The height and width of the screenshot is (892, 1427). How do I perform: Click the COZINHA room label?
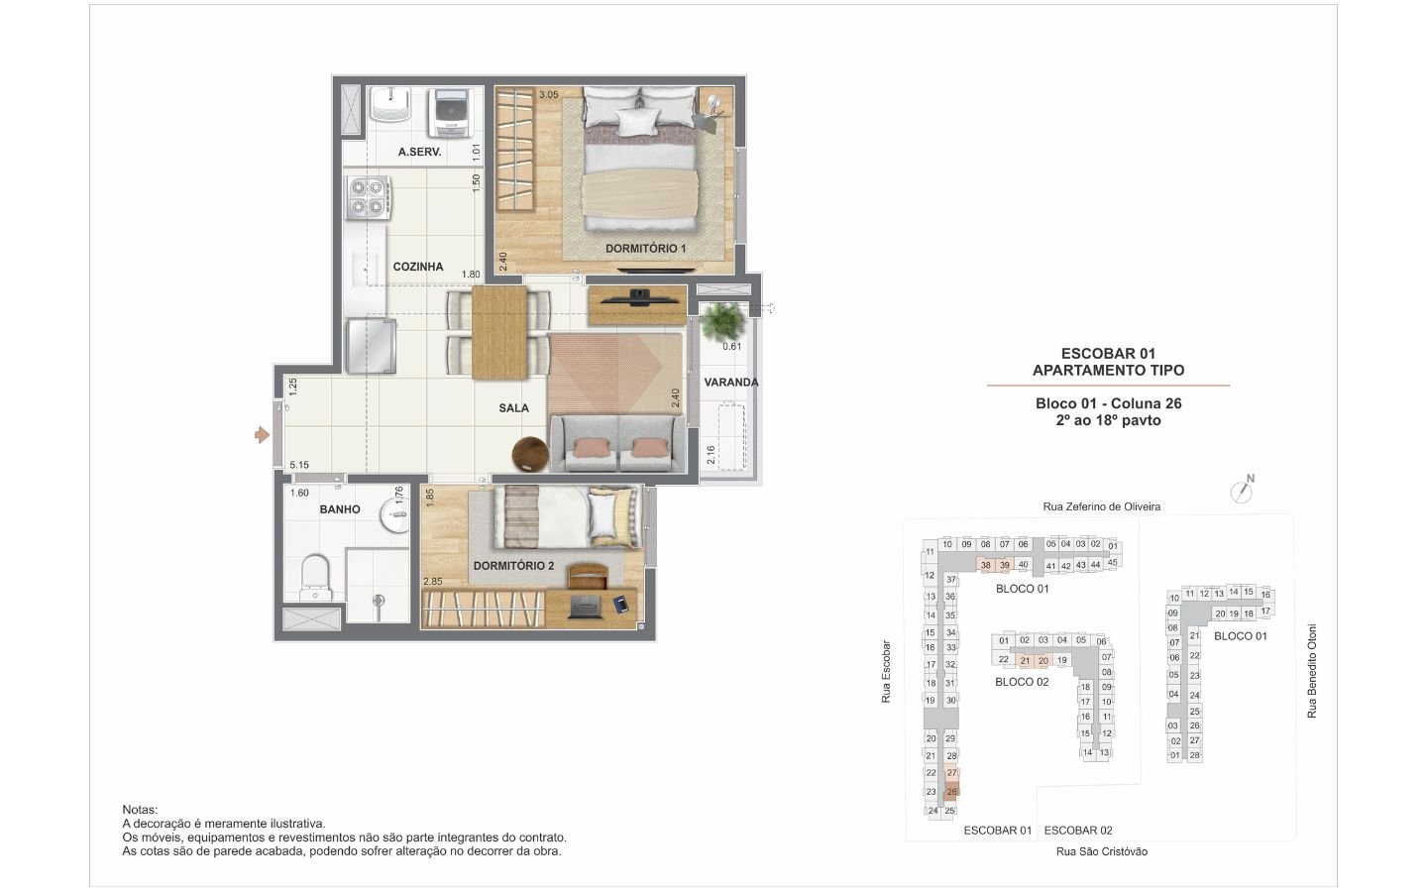tap(418, 267)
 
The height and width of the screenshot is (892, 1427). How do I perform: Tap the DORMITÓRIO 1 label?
tap(645, 249)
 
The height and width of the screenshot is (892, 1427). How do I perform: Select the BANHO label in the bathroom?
tap(340, 509)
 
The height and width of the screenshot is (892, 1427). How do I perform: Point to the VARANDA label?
tap(730, 383)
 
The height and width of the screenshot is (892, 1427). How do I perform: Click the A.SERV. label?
tap(419, 152)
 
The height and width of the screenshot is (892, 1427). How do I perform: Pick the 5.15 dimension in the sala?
tap(299, 465)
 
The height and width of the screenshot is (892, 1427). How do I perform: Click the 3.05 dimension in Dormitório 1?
tap(549, 95)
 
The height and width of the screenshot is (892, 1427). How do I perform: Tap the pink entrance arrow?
tap(262, 435)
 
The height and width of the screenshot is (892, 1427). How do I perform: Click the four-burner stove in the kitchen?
tap(369, 197)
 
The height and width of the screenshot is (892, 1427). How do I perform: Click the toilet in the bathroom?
tap(315, 578)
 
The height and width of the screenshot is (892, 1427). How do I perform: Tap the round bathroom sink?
tap(395, 514)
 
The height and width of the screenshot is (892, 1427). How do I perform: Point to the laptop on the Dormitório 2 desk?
tap(585, 607)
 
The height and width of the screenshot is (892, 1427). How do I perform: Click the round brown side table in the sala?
tap(530, 454)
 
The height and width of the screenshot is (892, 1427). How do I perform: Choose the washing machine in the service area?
tap(450, 113)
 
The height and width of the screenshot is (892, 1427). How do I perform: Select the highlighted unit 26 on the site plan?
tap(951, 792)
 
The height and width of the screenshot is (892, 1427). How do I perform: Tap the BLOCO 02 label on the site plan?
tap(1022, 682)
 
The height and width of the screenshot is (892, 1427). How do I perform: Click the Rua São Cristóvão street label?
tap(1102, 852)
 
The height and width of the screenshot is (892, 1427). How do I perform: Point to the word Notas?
tap(140, 810)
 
